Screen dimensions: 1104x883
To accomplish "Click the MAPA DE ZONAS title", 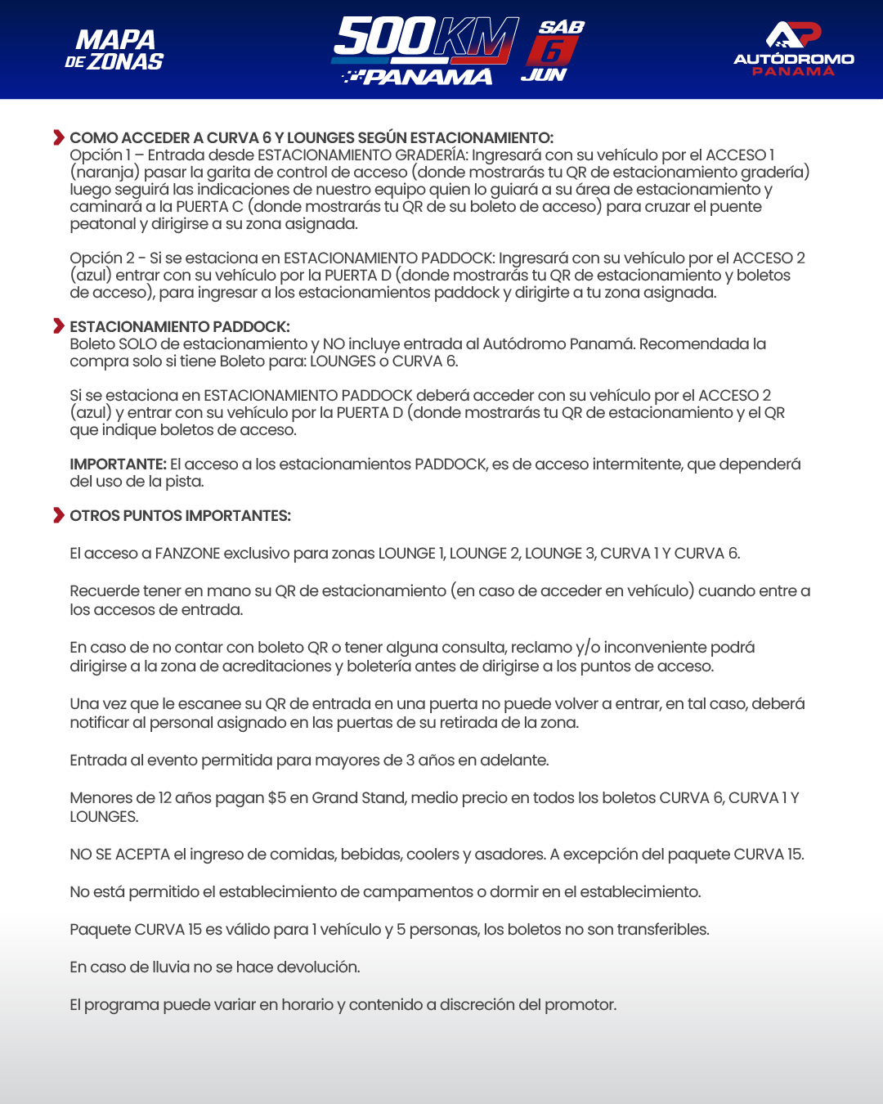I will point(114,51).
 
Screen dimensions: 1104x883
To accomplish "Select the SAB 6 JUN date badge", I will point(553,51).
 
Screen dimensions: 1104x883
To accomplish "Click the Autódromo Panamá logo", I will point(793,49).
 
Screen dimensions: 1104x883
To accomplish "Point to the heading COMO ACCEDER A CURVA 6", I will point(312,137).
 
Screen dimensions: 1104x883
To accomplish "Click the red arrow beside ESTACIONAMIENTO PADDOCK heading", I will point(58,326).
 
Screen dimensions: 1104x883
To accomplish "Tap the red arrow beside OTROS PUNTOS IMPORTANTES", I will point(58,515).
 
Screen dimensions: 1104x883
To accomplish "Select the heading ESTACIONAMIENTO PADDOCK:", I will point(180,326).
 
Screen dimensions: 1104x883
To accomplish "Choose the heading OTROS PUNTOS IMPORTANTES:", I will point(180,515).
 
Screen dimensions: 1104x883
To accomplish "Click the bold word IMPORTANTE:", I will point(118,464).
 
